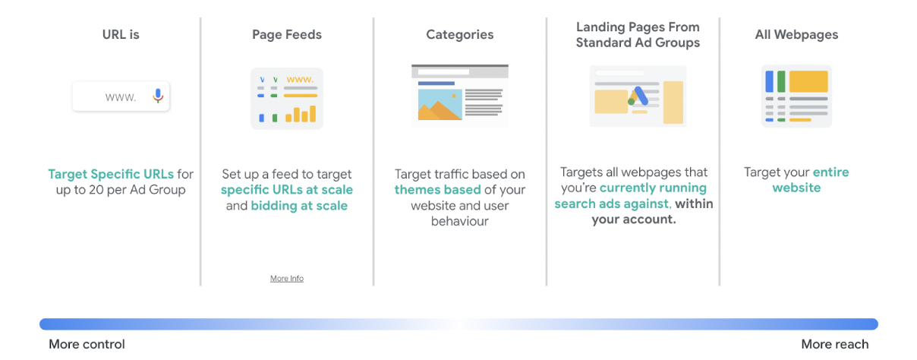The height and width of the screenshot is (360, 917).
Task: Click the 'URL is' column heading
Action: [x=121, y=34]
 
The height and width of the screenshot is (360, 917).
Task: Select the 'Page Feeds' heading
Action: [x=287, y=35]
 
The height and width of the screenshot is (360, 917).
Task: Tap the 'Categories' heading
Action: [x=460, y=35]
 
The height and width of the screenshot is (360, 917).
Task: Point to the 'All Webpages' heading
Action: [x=796, y=35]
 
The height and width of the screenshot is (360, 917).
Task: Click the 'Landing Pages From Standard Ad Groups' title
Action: [x=638, y=35]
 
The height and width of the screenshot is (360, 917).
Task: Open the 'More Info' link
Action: [x=287, y=279]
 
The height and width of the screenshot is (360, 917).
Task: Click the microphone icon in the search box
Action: [x=158, y=96]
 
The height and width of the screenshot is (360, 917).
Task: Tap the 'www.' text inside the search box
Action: [x=121, y=97]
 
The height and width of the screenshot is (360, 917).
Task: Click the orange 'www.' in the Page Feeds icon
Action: [x=300, y=80]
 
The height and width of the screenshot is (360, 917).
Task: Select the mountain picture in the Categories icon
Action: [x=440, y=105]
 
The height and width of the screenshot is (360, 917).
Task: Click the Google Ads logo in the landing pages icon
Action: [x=638, y=96]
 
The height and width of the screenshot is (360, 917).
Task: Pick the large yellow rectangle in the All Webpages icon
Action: [x=808, y=81]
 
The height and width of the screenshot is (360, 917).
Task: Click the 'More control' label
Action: [x=87, y=344]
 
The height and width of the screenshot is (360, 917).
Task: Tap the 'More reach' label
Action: [x=835, y=344]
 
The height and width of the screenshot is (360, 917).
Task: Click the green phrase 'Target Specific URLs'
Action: [x=111, y=174]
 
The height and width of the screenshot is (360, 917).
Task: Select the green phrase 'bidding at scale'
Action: [x=299, y=206]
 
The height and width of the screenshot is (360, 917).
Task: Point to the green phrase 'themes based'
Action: [x=437, y=190]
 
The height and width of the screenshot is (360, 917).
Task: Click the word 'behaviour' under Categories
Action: [x=460, y=221]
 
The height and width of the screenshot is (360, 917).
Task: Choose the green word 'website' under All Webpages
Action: [x=796, y=188]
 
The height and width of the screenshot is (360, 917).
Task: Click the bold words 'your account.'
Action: [x=634, y=219]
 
